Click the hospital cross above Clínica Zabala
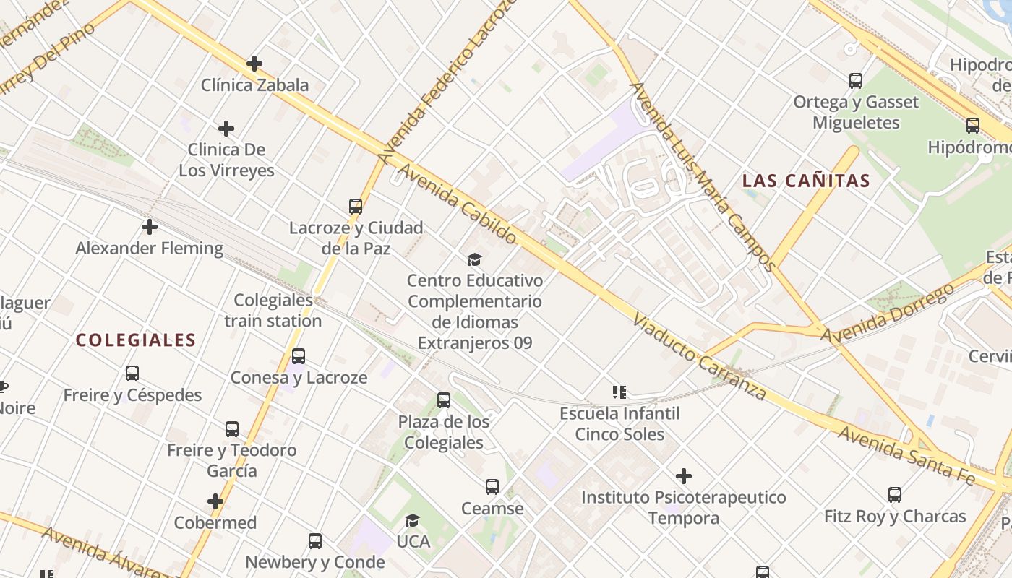(254, 64)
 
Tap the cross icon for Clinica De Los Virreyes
(226, 129)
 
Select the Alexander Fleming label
(150, 248)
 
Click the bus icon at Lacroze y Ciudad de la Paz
(356, 207)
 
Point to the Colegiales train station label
(273, 310)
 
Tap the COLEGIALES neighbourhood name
(136, 340)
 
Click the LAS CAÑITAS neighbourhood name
(806, 181)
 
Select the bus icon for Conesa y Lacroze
(299, 356)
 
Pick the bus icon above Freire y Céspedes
(132, 374)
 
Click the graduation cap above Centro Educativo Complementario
(474, 259)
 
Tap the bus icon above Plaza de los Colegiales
(444, 400)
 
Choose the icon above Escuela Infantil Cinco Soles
(619, 392)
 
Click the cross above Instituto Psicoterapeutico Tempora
(684, 476)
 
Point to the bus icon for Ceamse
(492, 487)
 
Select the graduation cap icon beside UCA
(412, 520)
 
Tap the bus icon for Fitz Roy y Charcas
(895, 495)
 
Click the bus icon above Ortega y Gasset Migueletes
(856, 81)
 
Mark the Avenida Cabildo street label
(458, 204)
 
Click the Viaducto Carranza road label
(699, 357)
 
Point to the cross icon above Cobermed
(215, 501)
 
